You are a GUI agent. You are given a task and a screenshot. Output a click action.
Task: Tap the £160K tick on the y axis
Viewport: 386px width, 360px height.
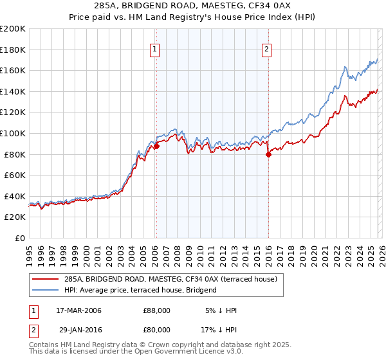point(13,70)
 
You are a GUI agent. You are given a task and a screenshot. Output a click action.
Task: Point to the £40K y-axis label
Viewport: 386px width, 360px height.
point(15,196)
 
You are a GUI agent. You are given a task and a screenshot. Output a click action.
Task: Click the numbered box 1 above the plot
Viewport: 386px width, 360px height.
point(156,49)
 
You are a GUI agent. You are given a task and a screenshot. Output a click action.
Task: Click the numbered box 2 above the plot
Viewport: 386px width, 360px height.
point(267,49)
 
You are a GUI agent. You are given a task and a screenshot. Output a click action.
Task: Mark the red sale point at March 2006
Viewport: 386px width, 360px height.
point(156,147)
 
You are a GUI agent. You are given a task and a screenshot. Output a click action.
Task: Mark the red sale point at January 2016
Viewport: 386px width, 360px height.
point(268,154)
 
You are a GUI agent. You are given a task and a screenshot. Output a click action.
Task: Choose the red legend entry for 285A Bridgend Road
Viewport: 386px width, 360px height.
point(170,279)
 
